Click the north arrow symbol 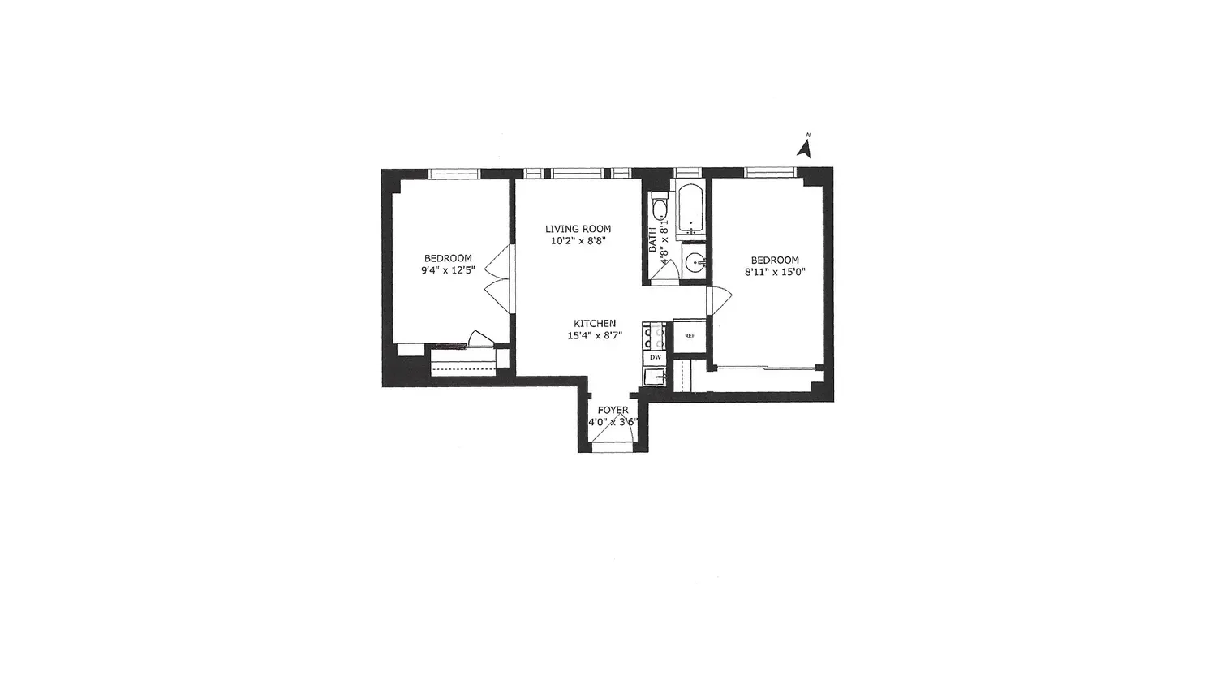[805, 148]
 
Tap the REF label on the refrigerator [690, 336]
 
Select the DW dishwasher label [656, 357]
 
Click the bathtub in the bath [690, 209]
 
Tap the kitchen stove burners [654, 337]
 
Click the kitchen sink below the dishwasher [655, 377]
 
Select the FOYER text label [613, 410]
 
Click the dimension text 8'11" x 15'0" [775, 272]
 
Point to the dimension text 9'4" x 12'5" [448, 269]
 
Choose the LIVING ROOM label [578, 229]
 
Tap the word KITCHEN [595, 324]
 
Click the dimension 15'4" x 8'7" [595, 335]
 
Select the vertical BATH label [652, 239]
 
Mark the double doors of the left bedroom [498, 279]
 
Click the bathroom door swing [665, 271]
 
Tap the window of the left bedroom [454, 174]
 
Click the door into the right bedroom [719, 300]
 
